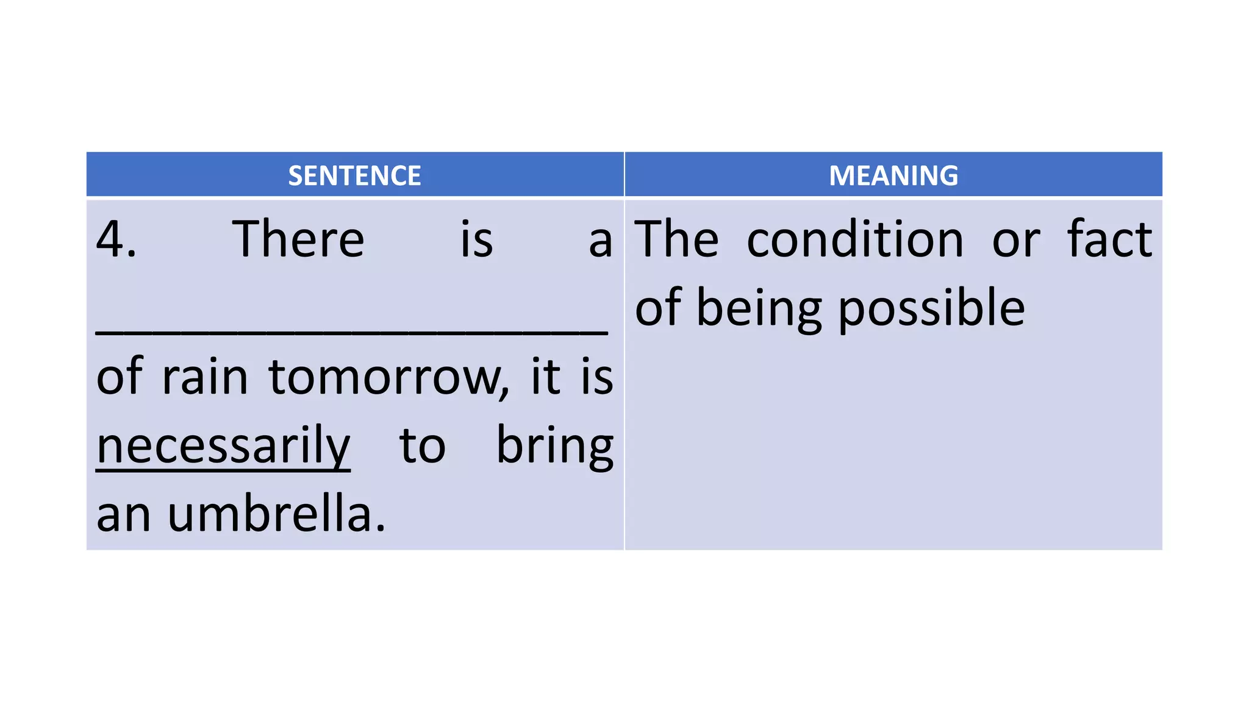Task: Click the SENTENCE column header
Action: pyautogui.click(x=354, y=175)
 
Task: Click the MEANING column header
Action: pyautogui.click(x=893, y=175)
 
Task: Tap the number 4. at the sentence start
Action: pyautogui.click(x=116, y=239)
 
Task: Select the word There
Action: pyautogui.click(x=298, y=239)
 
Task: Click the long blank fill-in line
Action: pyautogui.click(x=352, y=330)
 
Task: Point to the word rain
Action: pyautogui.click(x=205, y=377)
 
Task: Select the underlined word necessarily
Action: pyautogui.click(x=223, y=447)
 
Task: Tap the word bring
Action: pyautogui.click(x=554, y=447)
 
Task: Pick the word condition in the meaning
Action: pyautogui.click(x=855, y=239)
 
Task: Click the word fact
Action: pyautogui.click(x=1109, y=239)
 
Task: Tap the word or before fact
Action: pyautogui.click(x=1016, y=239)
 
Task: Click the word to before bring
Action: pyautogui.click(x=423, y=447)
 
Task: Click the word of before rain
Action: pyautogui.click(x=120, y=377)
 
